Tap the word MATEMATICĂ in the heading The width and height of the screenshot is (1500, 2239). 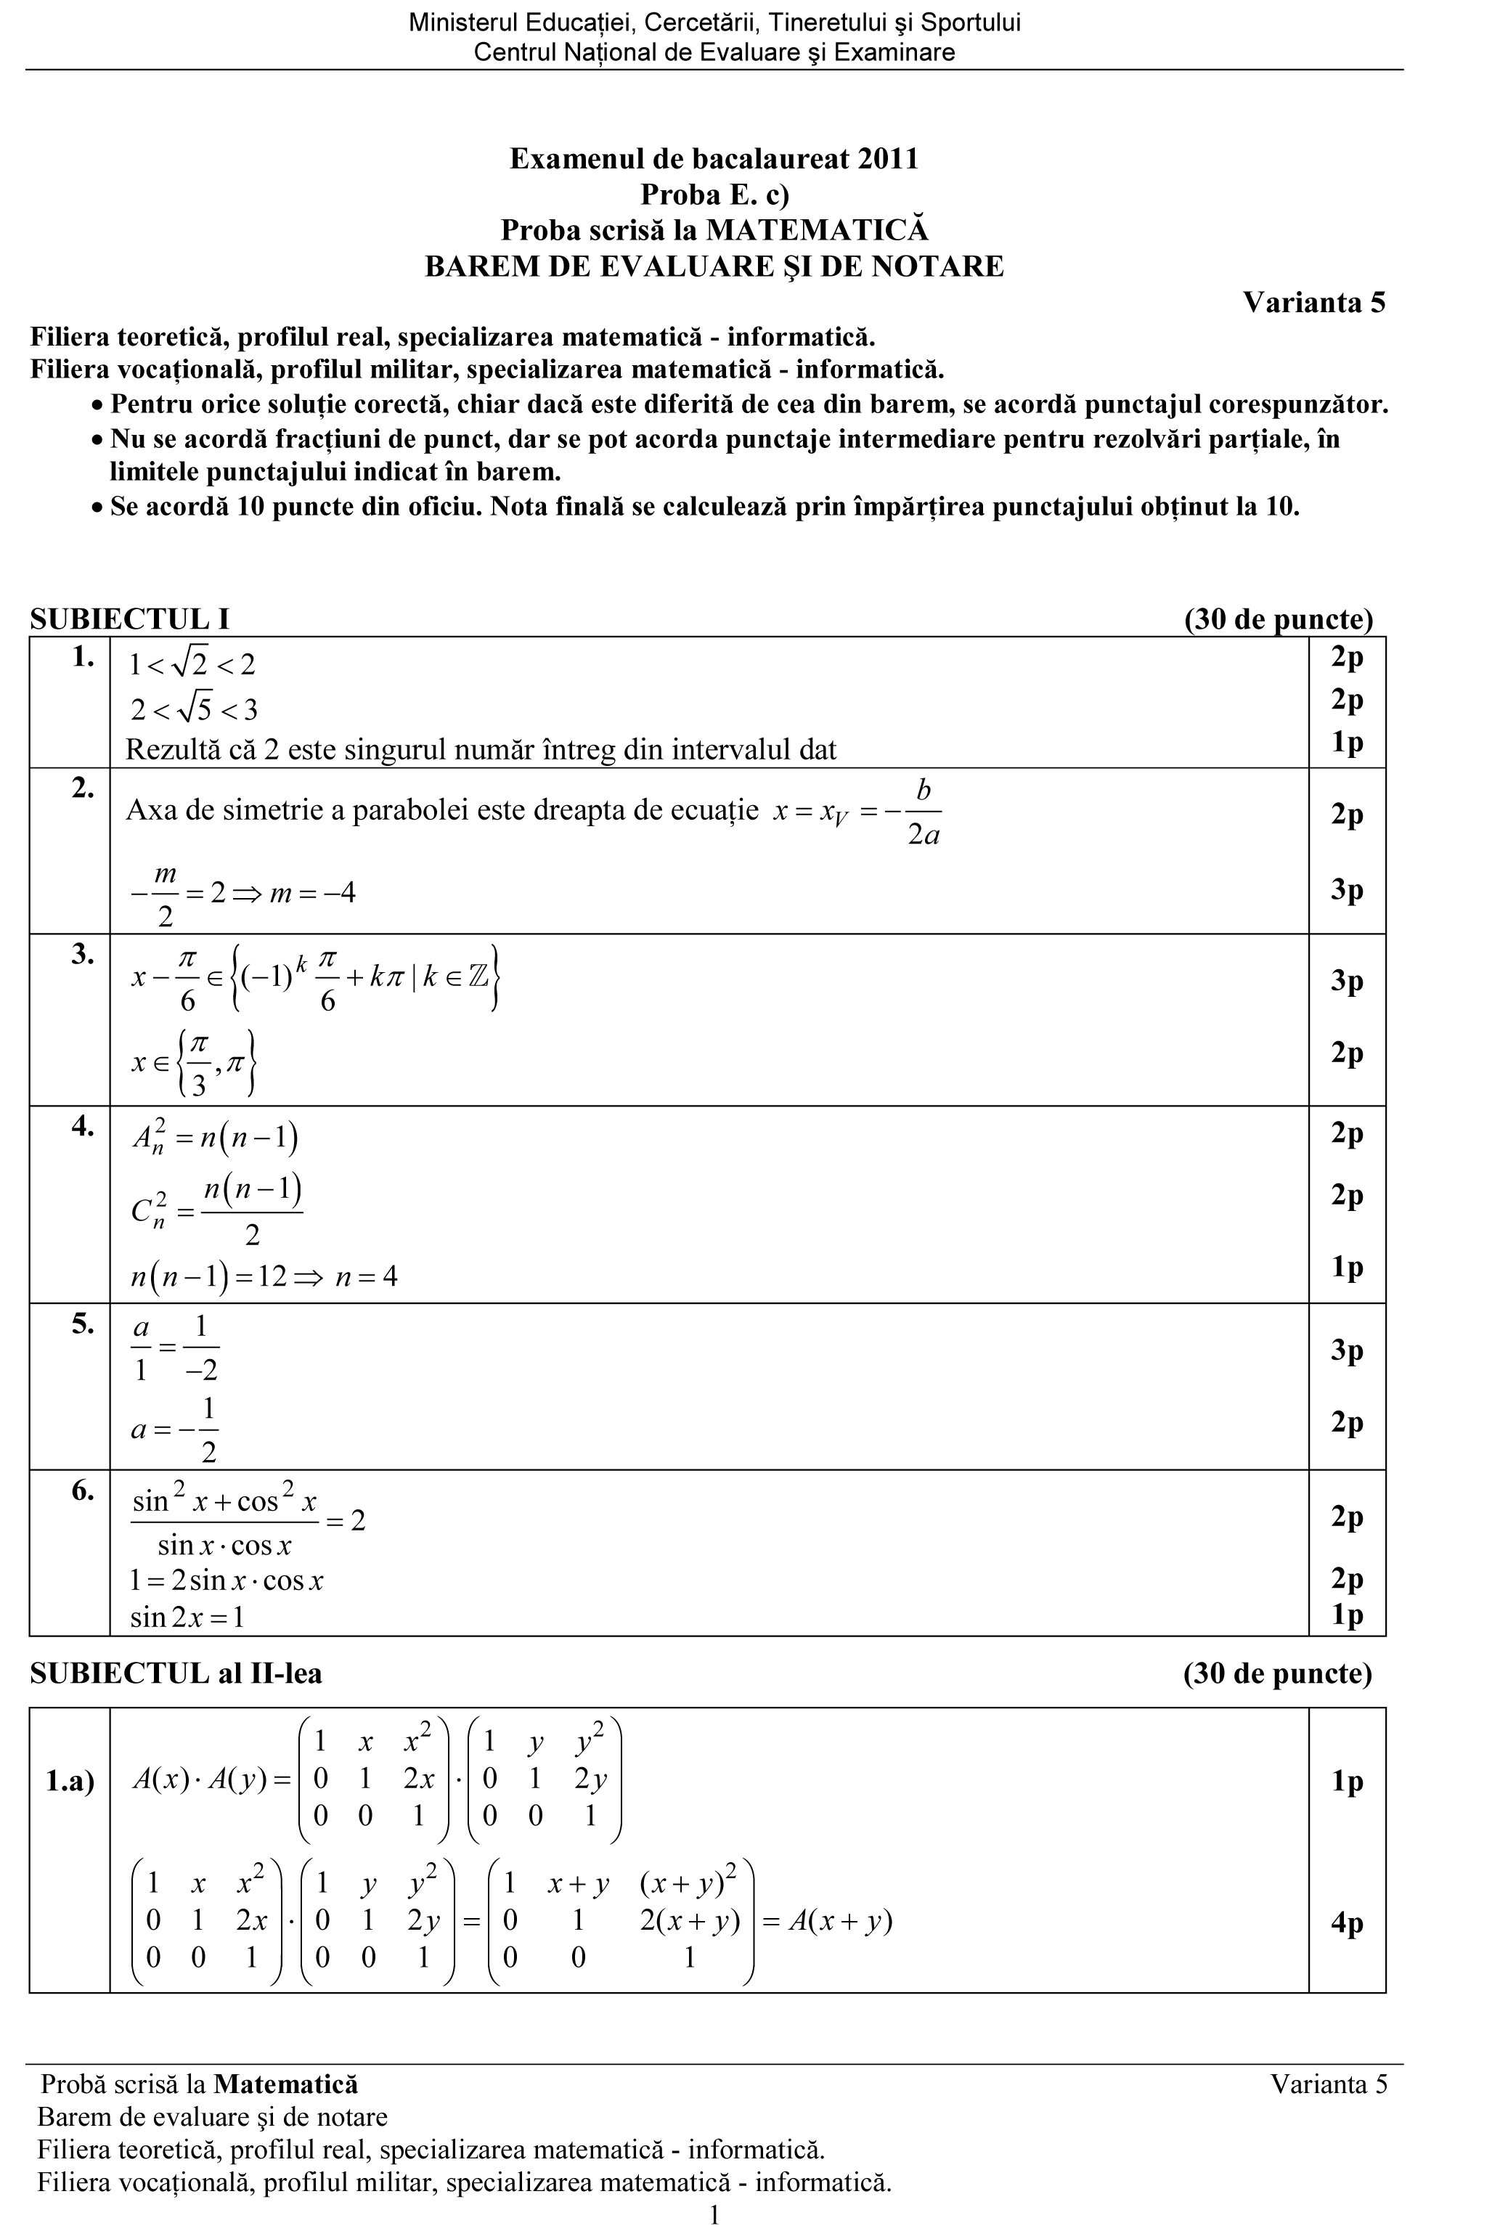[x=817, y=230]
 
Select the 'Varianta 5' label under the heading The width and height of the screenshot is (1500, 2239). [x=1313, y=303]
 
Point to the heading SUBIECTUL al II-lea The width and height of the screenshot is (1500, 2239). [x=176, y=1673]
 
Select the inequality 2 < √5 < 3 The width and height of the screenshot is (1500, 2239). [x=194, y=710]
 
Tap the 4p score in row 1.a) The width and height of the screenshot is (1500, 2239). [x=1346, y=1922]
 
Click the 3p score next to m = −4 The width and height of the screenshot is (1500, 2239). [x=1346, y=889]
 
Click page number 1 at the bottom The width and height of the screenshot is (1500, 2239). [x=714, y=2215]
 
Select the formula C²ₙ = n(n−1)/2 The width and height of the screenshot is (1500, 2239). [x=217, y=1209]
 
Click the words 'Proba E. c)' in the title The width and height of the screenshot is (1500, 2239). [x=714, y=195]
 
